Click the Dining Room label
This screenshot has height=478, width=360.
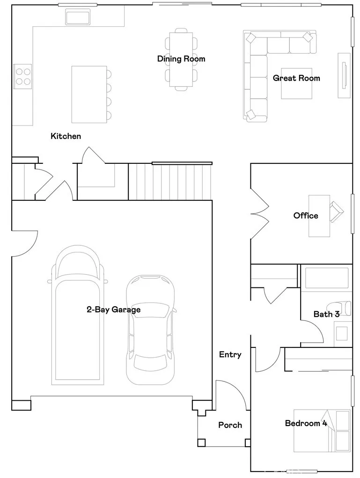(x=181, y=59)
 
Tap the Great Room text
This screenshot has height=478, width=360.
(x=296, y=78)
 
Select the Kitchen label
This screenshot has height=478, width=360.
(x=66, y=136)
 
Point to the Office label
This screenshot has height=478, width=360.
(x=305, y=216)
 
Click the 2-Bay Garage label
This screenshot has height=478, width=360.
(x=113, y=309)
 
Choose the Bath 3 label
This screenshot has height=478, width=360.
(x=326, y=314)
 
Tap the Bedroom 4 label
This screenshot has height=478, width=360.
(x=306, y=424)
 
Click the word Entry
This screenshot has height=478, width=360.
(x=230, y=355)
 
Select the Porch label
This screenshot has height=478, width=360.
(x=230, y=425)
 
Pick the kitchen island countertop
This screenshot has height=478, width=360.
(x=89, y=94)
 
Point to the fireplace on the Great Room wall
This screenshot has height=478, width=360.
(x=344, y=74)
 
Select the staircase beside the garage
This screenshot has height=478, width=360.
(x=170, y=182)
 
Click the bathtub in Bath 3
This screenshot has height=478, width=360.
(x=326, y=278)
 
